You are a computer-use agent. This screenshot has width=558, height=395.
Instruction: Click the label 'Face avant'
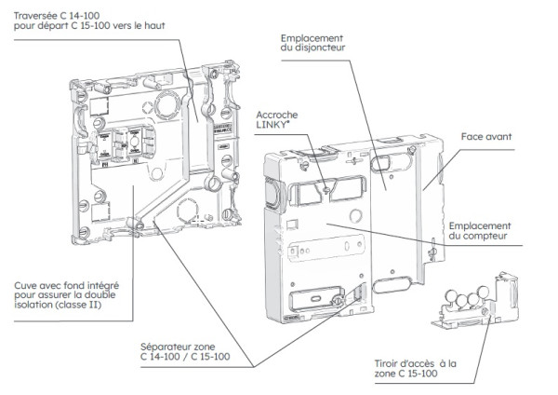pyautogui.click(x=486, y=137)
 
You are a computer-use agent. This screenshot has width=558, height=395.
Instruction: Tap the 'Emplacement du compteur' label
pyautogui.click(x=479, y=232)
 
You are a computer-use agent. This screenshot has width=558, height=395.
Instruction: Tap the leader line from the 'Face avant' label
pyautogui.click(x=445, y=168)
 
